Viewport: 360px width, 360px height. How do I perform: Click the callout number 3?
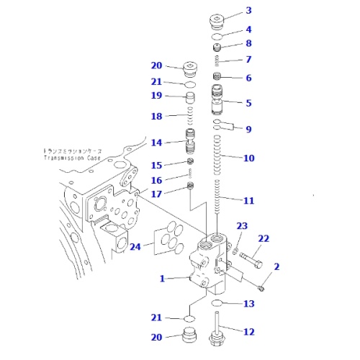[248, 10]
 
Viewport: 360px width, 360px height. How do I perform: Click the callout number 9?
[248, 130]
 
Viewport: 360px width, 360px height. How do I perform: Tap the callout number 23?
[242, 225]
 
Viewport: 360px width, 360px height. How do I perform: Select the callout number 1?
[163, 278]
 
